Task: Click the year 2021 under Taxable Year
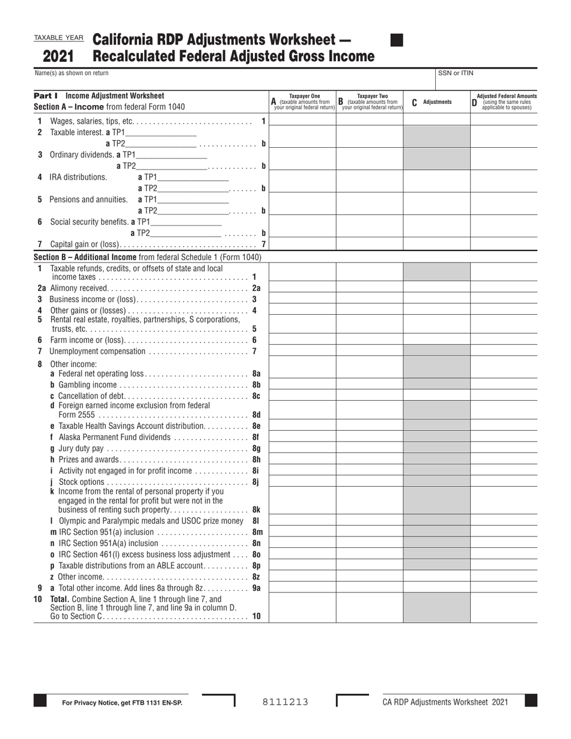(x=58, y=56)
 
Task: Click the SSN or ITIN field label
(x=455, y=73)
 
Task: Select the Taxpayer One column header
(x=304, y=102)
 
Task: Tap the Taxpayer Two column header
(x=372, y=102)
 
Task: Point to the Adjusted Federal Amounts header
(x=506, y=102)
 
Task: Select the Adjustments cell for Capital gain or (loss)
(x=436, y=244)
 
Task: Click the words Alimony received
(x=79, y=288)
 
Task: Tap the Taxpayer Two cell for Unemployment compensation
(x=369, y=351)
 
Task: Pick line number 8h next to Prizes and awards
(x=256, y=460)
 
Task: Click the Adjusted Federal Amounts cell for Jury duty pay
(x=504, y=448)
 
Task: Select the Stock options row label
(x=81, y=482)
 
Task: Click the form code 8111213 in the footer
(x=285, y=702)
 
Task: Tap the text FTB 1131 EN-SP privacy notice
(x=122, y=702)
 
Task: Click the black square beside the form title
(x=397, y=40)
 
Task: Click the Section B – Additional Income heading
(x=147, y=257)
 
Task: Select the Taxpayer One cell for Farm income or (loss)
(x=302, y=339)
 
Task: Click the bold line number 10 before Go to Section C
(x=257, y=616)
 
